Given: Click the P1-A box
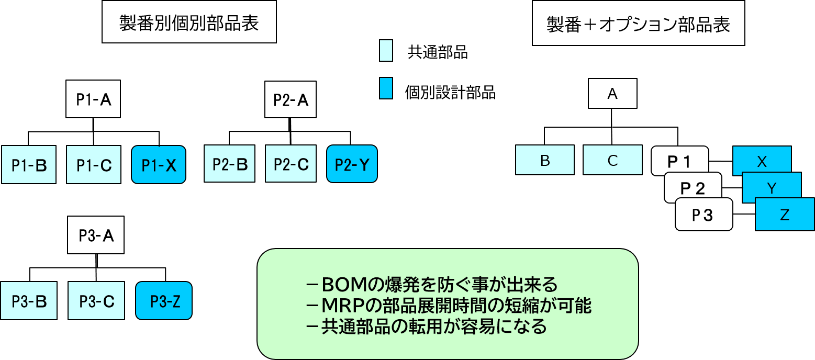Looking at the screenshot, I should [93, 99].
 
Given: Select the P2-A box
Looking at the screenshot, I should [291, 99].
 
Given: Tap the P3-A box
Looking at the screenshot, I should [96, 235].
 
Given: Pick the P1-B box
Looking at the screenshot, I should [29, 165].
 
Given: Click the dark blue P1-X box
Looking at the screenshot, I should [159, 165].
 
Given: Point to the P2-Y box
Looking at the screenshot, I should [352, 164].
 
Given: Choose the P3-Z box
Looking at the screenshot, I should [164, 301].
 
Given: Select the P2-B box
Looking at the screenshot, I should [230, 164].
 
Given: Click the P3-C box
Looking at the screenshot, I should [97, 301].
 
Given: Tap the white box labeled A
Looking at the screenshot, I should [612, 94].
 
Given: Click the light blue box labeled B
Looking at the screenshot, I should [545, 160].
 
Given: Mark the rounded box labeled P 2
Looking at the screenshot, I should [693, 188].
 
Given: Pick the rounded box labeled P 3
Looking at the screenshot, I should [703, 215].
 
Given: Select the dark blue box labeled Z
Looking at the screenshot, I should [784, 215].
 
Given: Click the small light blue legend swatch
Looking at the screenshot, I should [386, 51].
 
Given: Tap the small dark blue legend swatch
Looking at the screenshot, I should [386, 88].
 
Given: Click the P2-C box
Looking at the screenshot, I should [291, 164].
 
